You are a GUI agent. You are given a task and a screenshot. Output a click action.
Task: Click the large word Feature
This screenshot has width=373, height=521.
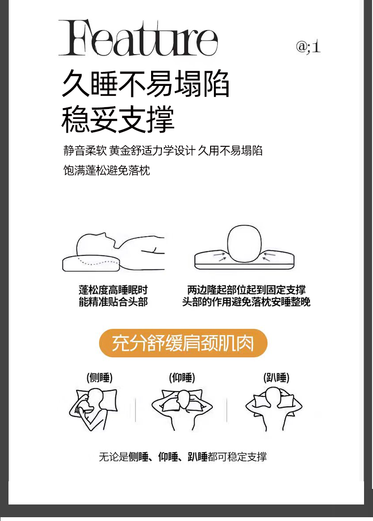point(138,38)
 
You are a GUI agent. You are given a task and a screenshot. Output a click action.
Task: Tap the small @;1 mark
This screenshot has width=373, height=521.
point(308,47)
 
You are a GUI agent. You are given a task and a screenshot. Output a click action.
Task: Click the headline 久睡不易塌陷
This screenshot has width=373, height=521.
point(145,84)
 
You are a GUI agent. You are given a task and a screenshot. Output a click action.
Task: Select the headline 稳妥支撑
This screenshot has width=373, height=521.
point(118,119)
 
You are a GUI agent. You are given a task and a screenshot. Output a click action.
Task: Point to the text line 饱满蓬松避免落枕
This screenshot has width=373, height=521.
point(107,170)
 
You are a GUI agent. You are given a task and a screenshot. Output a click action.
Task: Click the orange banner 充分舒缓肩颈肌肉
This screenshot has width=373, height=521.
point(183,343)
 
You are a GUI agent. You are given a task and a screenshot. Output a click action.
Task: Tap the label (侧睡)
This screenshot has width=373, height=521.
point(100,378)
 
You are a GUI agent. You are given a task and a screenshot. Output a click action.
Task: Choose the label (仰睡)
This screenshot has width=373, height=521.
point(182,378)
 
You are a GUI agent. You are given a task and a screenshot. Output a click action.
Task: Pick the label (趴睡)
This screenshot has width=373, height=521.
point(276,378)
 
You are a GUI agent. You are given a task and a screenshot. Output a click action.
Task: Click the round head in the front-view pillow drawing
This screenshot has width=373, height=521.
point(245,243)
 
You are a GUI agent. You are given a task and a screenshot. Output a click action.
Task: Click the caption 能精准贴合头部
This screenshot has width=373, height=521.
point(113,302)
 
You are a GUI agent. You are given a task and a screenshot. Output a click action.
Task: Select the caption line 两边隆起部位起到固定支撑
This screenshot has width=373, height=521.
point(246,290)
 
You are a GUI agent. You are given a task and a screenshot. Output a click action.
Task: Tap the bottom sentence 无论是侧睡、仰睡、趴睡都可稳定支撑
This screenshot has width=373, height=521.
point(183,457)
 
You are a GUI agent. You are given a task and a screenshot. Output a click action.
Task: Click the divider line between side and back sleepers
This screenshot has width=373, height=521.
point(136,410)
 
